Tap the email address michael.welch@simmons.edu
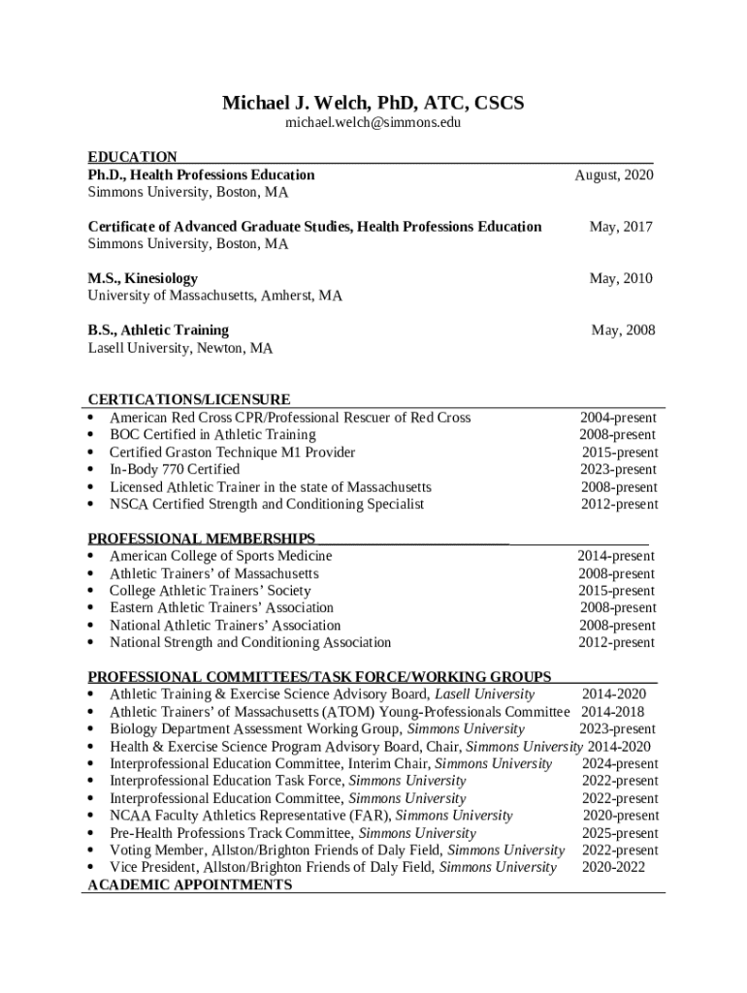[x=373, y=124]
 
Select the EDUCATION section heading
[x=133, y=157]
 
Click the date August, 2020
[x=614, y=175]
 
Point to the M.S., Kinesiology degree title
[x=143, y=278]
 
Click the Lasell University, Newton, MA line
[x=180, y=347]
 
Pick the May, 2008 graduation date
[x=623, y=331]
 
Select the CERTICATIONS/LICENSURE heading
[x=189, y=400]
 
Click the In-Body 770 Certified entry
[x=175, y=469]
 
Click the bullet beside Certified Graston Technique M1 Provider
[x=90, y=453]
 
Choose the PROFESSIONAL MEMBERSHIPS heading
[x=202, y=538]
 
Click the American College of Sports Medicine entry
[x=220, y=557]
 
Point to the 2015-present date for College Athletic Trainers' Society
[x=616, y=591]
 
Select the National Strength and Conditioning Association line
[x=250, y=643]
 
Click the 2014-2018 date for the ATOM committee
[x=612, y=712]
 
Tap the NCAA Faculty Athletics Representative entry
[x=310, y=816]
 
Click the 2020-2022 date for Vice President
[x=613, y=868]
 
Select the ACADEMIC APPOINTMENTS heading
[x=189, y=885]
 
